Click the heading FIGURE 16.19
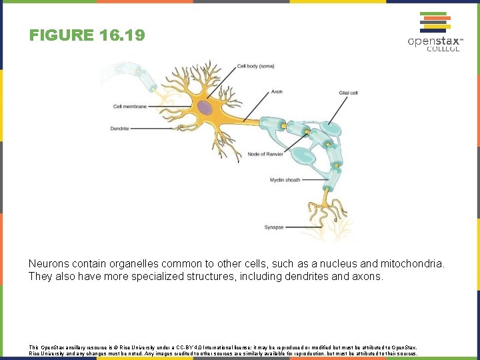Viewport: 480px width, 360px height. tap(87, 35)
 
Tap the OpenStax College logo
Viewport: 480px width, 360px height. tap(433, 32)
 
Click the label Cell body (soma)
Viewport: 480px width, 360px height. tap(255, 66)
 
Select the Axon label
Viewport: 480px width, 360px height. tap(277, 91)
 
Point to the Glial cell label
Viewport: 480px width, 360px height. tap(348, 92)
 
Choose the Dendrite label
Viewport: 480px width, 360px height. tap(119, 128)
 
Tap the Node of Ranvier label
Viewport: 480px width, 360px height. tap(265, 154)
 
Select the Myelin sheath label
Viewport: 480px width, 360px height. tap(285, 180)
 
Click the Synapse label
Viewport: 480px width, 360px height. tap(273, 227)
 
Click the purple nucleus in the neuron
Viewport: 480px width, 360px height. tap(205, 108)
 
